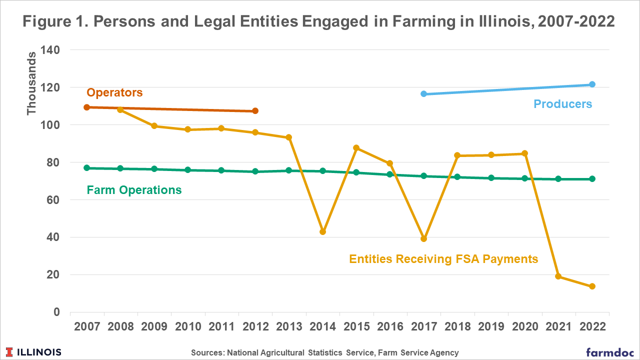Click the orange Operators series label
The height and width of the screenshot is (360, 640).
(x=114, y=92)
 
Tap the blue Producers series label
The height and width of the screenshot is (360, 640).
(x=562, y=104)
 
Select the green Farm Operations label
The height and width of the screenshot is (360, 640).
(x=134, y=190)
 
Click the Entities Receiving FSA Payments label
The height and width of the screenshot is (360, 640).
(x=443, y=258)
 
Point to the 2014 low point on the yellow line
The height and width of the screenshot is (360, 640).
(x=322, y=232)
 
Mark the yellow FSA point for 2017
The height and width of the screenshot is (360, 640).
(x=423, y=239)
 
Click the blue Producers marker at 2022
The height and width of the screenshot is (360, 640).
(x=592, y=84)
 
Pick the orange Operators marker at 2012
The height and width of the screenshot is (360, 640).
(x=255, y=111)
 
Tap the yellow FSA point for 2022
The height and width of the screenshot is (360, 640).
(x=592, y=286)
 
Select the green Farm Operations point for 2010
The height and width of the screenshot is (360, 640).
(x=187, y=170)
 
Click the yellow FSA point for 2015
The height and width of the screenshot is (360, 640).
(x=356, y=148)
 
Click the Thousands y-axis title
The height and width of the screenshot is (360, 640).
(x=32, y=82)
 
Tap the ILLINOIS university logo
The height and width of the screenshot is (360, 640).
(x=34, y=352)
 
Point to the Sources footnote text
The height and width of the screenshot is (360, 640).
(x=324, y=352)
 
